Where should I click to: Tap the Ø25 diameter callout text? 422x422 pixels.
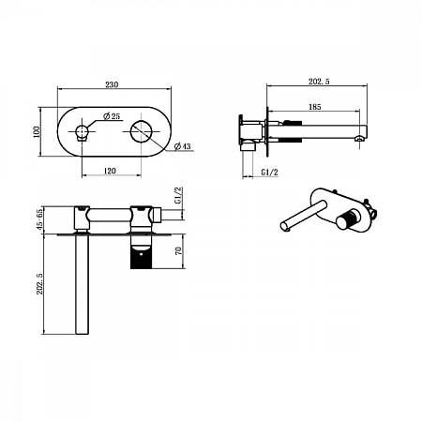tap(111, 116)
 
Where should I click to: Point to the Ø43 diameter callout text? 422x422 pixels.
tap(184, 145)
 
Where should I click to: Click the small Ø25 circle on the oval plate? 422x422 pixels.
tap(84, 130)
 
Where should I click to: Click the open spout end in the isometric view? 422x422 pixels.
tap(282, 225)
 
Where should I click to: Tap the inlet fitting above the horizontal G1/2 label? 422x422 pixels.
tap(249, 146)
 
